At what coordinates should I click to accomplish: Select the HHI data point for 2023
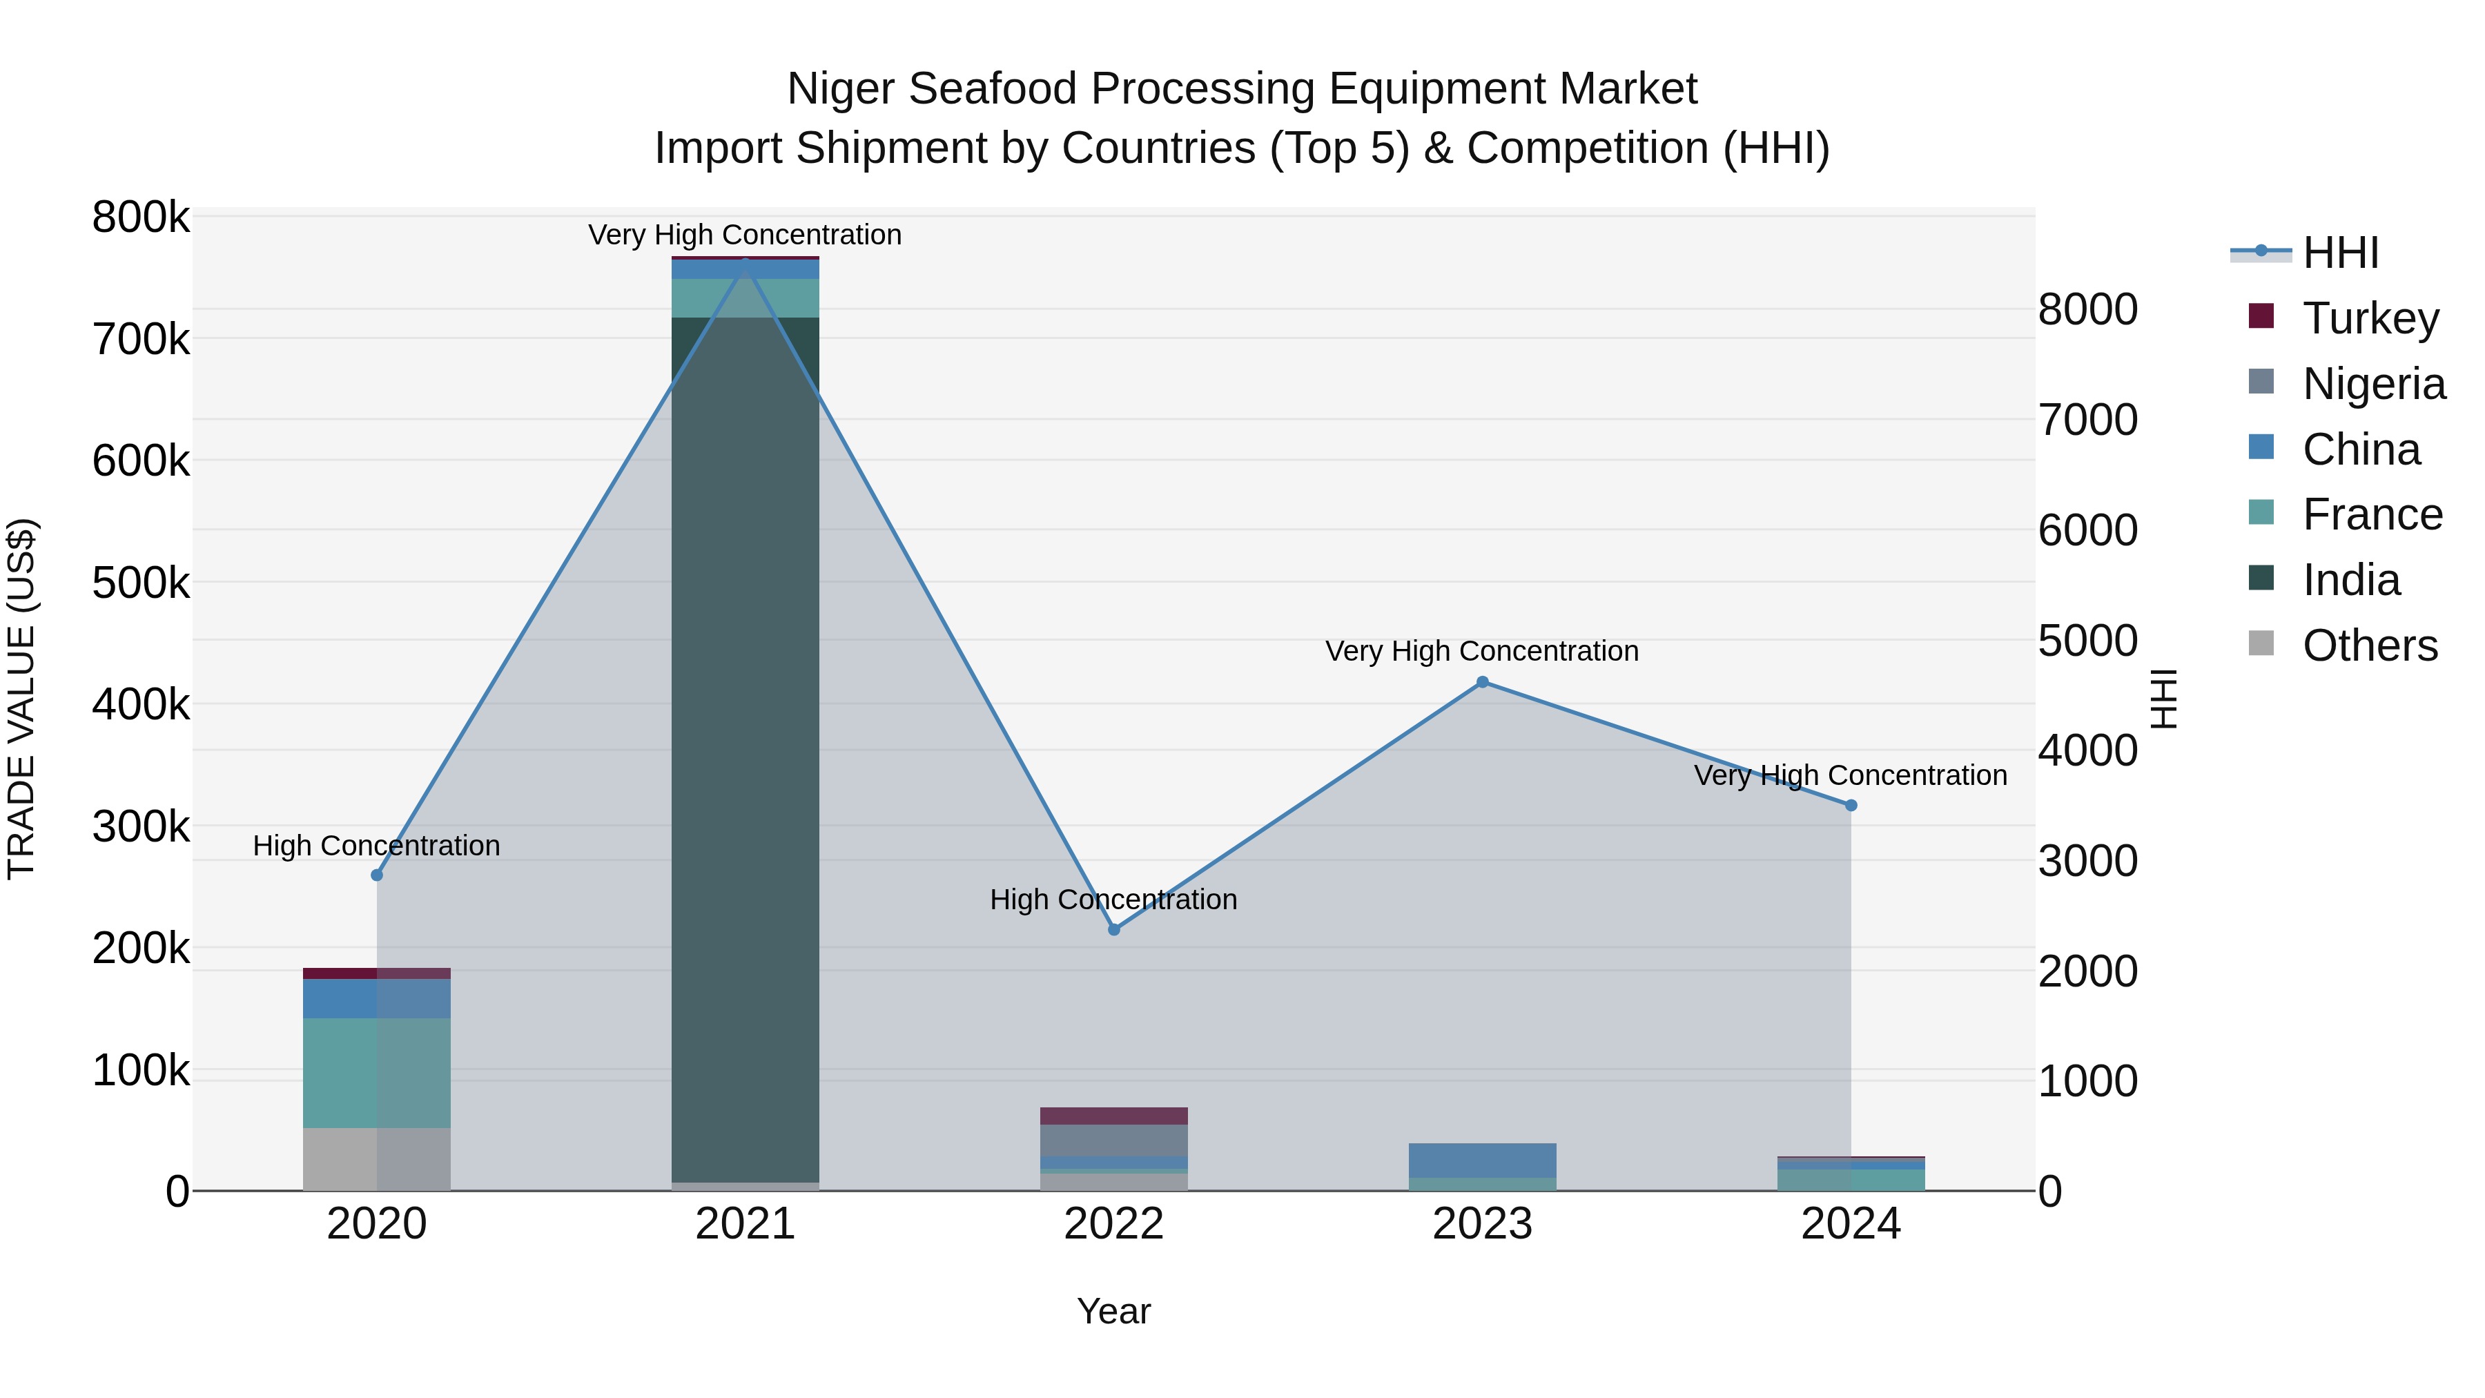pyautogui.click(x=1483, y=682)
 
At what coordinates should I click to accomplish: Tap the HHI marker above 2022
pyautogui.click(x=1114, y=929)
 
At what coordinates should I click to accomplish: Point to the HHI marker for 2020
pyautogui.click(x=377, y=875)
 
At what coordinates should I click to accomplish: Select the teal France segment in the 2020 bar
pyautogui.click(x=376, y=1072)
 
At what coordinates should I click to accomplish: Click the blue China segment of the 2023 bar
pyautogui.click(x=1482, y=1160)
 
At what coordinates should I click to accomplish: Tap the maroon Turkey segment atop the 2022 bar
pyautogui.click(x=1113, y=1116)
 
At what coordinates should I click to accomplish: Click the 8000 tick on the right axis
pyautogui.click(x=2087, y=310)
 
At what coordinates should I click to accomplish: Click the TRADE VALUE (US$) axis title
pyautogui.click(x=22, y=699)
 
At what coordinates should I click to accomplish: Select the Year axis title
pyautogui.click(x=1113, y=1311)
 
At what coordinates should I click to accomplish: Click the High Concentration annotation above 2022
pyautogui.click(x=1113, y=899)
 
